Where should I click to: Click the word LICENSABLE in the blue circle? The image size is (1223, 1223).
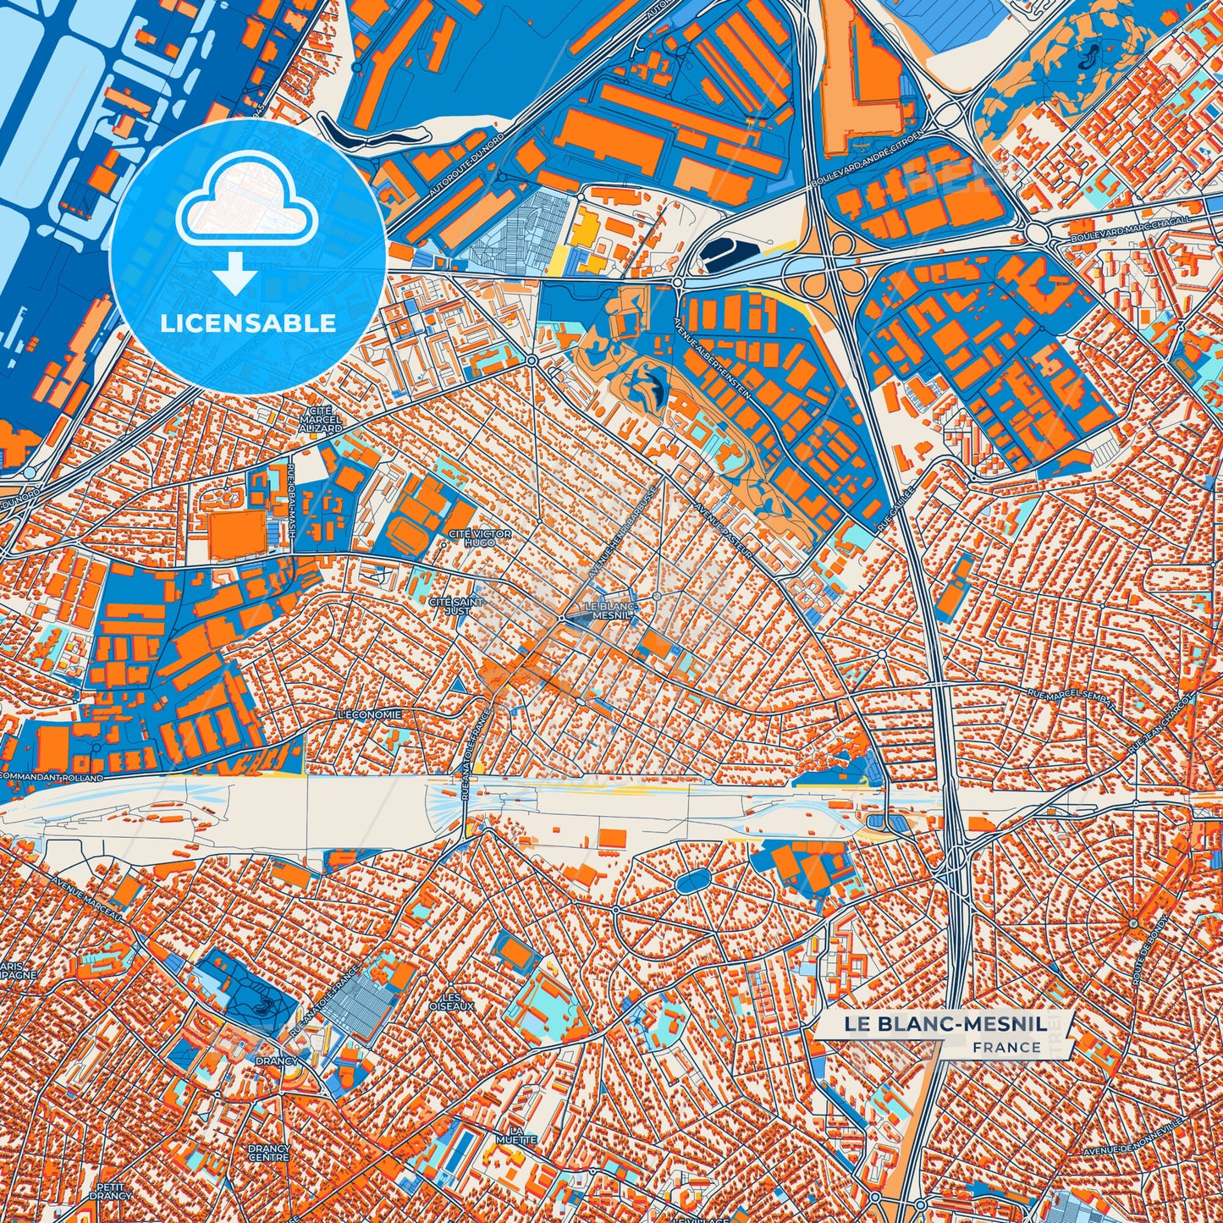pos(248,323)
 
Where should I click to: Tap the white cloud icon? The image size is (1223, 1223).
pos(246,208)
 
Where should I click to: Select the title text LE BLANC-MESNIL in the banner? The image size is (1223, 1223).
pos(944,1024)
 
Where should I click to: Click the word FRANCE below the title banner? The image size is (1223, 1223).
pos(1006,1047)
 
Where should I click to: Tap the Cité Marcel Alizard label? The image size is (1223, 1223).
pos(321,419)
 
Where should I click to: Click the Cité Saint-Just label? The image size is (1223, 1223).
pos(456,606)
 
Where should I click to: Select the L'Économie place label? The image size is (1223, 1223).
pos(369,714)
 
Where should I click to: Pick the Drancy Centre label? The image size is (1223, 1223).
pos(268,1153)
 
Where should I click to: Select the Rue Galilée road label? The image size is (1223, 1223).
pos(897,508)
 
